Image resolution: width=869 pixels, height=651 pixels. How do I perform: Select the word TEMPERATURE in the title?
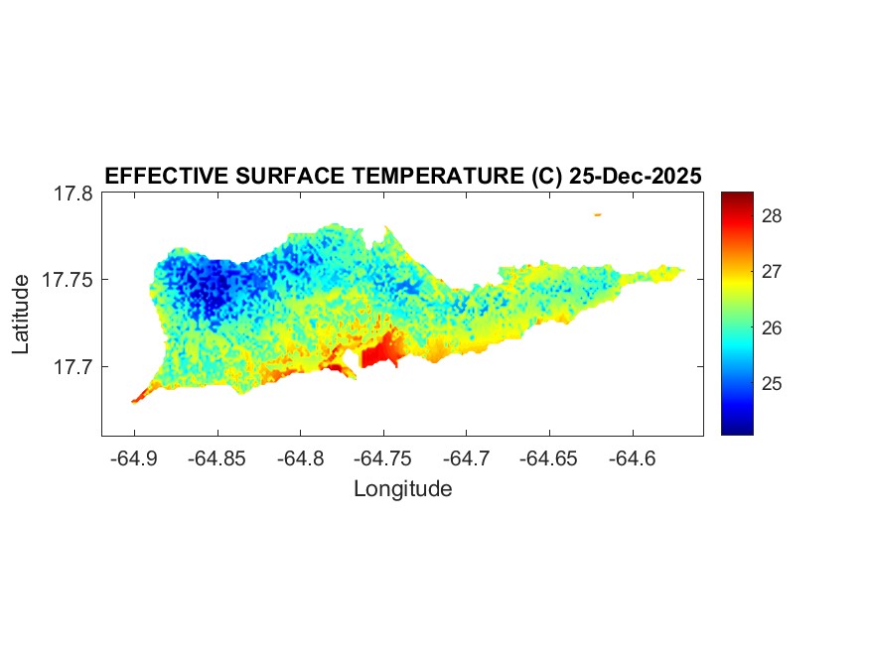[x=435, y=177]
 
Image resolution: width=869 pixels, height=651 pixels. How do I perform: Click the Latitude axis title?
[x=22, y=315]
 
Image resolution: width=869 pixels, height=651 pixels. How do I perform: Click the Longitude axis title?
[x=402, y=489]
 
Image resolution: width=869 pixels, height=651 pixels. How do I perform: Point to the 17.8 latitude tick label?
[x=73, y=194]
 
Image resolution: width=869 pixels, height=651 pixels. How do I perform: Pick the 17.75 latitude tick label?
[x=68, y=280]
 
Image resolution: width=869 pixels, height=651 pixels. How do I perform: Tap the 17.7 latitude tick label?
[x=73, y=367]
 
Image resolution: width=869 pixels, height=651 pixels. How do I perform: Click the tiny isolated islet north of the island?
[x=598, y=214]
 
